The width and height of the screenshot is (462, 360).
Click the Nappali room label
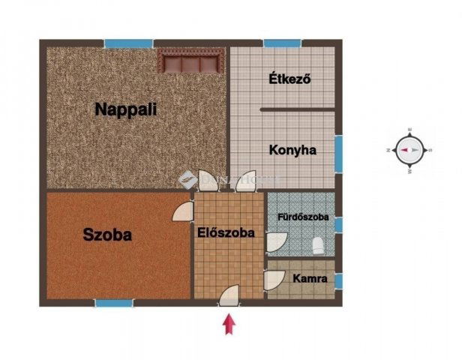[x=126, y=109]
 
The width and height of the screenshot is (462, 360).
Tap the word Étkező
[x=289, y=79]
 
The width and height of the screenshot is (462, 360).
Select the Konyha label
[x=292, y=150]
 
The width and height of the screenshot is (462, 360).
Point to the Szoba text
[x=107, y=235]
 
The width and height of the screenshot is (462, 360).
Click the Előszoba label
[x=226, y=232]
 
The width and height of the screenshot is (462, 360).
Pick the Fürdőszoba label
[x=303, y=218]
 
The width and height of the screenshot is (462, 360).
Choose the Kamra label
[x=310, y=279]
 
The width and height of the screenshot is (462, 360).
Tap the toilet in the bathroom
[x=318, y=244]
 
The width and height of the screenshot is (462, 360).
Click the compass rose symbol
[x=409, y=150]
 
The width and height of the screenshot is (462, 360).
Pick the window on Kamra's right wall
[x=338, y=280]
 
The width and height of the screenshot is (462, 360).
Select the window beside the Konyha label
[x=338, y=147]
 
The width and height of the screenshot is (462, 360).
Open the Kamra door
[x=274, y=280]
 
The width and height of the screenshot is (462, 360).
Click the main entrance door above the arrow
[x=230, y=295]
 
